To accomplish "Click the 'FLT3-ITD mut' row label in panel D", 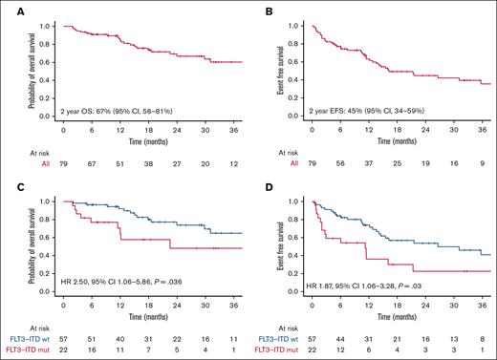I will [x=274, y=350].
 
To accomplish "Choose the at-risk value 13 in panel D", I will [x=448, y=340].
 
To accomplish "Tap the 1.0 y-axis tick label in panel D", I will [x=292, y=201].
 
